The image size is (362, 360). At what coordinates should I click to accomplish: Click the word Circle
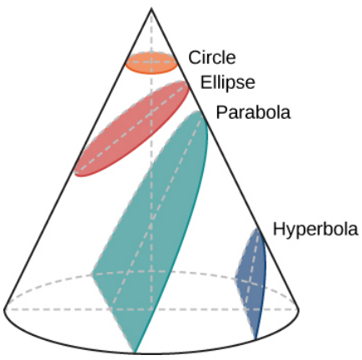click(x=212, y=57)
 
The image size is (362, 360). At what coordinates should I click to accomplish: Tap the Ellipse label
click(x=227, y=82)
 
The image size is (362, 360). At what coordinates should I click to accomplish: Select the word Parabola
click(x=253, y=112)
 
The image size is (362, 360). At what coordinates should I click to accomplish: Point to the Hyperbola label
click(x=315, y=229)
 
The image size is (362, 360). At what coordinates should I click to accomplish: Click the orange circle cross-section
click(x=151, y=63)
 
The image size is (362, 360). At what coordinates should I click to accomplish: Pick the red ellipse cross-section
click(x=131, y=129)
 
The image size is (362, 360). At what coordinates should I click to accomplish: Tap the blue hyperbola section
click(x=251, y=280)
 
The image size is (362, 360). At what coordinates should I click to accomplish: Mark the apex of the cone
click(x=151, y=8)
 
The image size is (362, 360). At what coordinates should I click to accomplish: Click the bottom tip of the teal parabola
click(x=135, y=353)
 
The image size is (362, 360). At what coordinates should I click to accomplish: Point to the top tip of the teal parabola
click(x=199, y=111)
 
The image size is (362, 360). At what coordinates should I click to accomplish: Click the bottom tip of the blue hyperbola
click(x=255, y=339)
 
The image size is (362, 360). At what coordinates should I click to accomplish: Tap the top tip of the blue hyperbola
click(x=257, y=229)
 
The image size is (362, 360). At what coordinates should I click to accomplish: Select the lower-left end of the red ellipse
click(x=76, y=174)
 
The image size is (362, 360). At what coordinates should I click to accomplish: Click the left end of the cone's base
click(x=4, y=309)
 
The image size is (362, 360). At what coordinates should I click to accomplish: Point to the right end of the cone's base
click(x=299, y=309)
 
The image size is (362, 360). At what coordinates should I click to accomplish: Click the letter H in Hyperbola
click(x=279, y=229)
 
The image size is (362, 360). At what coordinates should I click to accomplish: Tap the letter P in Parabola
click(x=221, y=112)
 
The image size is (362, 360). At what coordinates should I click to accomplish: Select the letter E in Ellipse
click(x=206, y=82)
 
